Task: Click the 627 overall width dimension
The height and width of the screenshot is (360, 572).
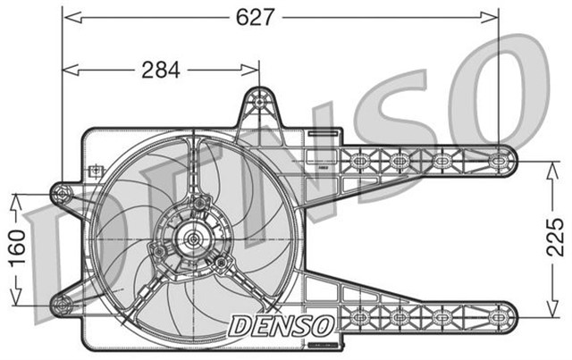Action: point(255,17)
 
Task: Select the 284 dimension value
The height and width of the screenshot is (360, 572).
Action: point(161,69)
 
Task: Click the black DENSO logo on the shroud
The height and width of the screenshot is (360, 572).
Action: point(282,323)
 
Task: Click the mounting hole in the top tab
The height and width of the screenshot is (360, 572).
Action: point(259,101)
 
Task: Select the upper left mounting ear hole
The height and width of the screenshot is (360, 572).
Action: point(61,193)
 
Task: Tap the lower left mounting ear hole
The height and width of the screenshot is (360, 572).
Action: point(61,305)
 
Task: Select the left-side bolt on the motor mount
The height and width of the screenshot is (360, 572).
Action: point(158,252)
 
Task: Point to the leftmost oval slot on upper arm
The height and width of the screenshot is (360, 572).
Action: point(359,162)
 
